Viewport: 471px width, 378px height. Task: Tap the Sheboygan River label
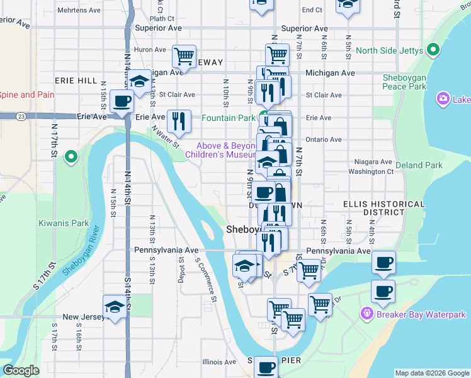tap(82, 249)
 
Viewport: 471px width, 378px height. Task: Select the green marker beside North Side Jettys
tap(433, 50)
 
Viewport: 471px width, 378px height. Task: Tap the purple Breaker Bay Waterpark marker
tap(366, 314)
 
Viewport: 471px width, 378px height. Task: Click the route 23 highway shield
tap(21, 117)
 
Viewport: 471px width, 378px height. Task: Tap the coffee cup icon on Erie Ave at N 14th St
tap(122, 101)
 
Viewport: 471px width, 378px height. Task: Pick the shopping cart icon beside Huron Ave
tap(184, 55)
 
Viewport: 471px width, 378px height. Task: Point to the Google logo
tap(21, 370)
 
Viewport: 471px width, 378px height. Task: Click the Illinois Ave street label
tap(219, 362)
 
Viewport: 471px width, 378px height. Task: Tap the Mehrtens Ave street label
tap(79, 11)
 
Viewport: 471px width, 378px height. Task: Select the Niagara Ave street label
tap(373, 161)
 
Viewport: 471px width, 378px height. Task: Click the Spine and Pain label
tap(26, 95)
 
